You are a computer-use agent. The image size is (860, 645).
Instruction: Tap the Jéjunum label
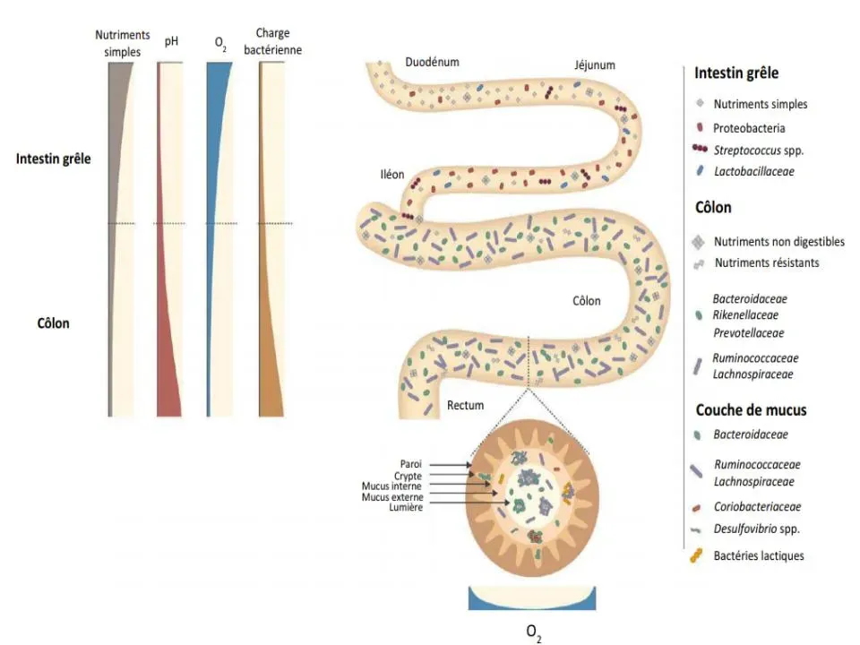pos(595,65)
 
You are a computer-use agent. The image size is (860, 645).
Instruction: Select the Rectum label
pos(465,405)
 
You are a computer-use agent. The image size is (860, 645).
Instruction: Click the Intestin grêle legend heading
pos(736,73)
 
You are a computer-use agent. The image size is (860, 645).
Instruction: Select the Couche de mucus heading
pos(751,410)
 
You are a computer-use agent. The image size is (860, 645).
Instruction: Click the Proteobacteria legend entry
pos(749,128)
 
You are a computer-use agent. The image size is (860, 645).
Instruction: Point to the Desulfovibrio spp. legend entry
pos(756,529)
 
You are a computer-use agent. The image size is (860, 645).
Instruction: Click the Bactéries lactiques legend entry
pos(758,555)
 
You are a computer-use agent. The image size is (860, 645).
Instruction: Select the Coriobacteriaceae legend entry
pos(757,506)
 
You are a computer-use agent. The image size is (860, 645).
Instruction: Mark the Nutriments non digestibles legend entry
pos(778,242)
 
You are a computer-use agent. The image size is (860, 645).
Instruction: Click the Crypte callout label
pos(408,476)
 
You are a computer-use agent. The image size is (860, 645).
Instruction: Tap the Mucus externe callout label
pos(392,496)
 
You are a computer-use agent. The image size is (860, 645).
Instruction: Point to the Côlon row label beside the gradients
pos(54,322)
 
